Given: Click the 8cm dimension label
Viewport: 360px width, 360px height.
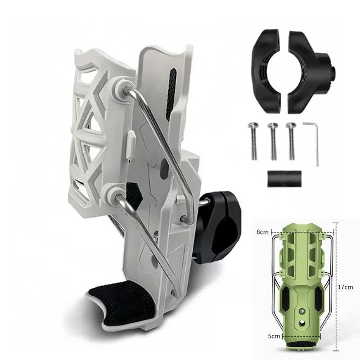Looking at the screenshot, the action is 262,232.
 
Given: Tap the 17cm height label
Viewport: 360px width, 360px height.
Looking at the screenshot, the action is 345,287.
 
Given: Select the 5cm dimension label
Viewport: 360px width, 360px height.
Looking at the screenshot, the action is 274,336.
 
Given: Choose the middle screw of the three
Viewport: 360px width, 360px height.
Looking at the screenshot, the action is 273,141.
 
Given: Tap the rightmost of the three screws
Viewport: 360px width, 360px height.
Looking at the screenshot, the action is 291,141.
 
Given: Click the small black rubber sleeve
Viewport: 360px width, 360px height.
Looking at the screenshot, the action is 284,179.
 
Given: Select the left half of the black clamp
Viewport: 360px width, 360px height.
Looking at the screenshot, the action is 266,71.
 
